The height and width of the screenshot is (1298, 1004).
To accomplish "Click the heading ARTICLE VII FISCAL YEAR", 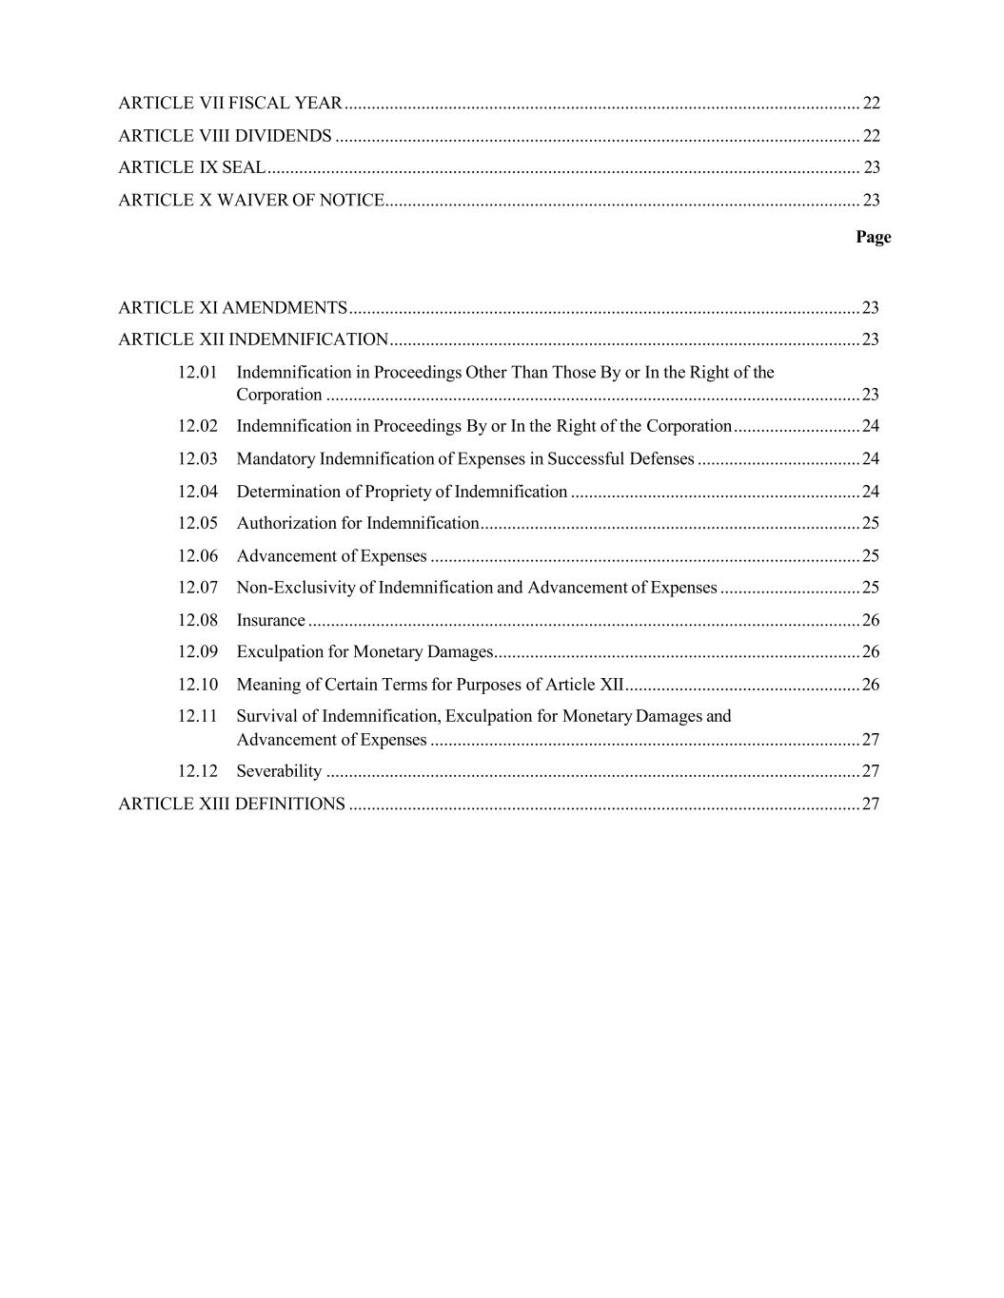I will pyautogui.click(x=229, y=103).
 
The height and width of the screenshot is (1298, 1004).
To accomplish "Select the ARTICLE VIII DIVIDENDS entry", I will pyautogui.click(x=225, y=136).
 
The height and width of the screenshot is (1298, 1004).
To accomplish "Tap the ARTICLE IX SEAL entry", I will pyautogui.click(x=191, y=167).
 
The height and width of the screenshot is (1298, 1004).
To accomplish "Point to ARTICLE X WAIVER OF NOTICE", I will pyautogui.click(x=251, y=201).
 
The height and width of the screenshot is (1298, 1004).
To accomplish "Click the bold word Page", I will pyautogui.click(x=873, y=237).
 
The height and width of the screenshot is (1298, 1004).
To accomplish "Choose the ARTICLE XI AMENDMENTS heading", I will pyautogui.click(x=232, y=308).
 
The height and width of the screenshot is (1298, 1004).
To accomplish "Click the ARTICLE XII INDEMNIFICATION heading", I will pyautogui.click(x=253, y=340).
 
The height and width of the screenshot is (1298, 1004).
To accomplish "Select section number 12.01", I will pyautogui.click(x=197, y=373).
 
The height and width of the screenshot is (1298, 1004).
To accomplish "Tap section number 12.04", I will pyautogui.click(x=197, y=492).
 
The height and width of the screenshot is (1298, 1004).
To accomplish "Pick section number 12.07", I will pyautogui.click(x=197, y=588).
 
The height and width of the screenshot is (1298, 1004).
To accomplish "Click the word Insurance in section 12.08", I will pyautogui.click(x=270, y=621).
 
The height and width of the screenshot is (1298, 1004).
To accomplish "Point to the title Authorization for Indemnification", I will pyautogui.click(x=357, y=524).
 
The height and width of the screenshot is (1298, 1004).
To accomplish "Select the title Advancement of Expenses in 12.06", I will pyautogui.click(x=331, y=556).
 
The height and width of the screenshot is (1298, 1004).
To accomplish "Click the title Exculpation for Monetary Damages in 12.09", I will pyautogui.click(x=364, y=652).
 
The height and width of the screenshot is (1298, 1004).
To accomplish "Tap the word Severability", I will pyautogui.click(x=279, y=771).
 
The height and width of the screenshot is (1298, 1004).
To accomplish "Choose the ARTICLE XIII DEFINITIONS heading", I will pyautogui.click(x=231, y=804).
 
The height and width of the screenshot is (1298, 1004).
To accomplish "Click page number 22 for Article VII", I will pyautogui.click(x=871, y=103).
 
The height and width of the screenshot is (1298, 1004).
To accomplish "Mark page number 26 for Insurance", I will pyautogui.click(x=870, y=621).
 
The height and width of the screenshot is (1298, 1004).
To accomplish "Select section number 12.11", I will pyautogui.click(x=197, y=716).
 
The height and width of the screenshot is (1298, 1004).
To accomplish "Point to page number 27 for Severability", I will pyautogui.click(x=870, y=771).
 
